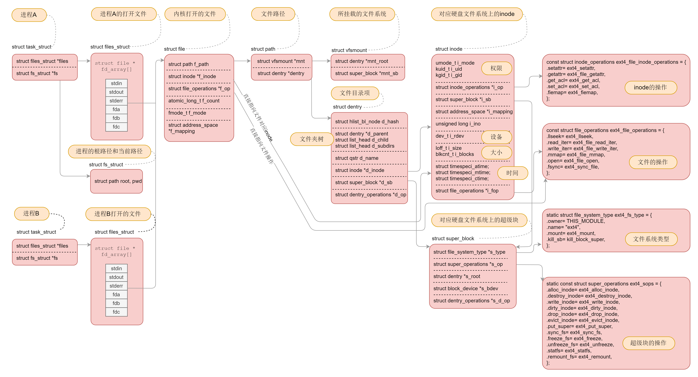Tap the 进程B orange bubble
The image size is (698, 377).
(x=31, y=214)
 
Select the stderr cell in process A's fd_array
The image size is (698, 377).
(x=116, y=101)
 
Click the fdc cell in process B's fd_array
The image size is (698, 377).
(x=116, y=312)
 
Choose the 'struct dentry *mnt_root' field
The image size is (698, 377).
(x=362, y=61)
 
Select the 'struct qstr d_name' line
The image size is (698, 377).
(x=357, y=158)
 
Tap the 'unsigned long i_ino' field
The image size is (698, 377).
(x=458, y=124)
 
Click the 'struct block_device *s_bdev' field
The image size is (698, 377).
(x=466, y=289)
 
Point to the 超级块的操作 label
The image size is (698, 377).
(x=648, y=343)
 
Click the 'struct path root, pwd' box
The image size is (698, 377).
(x=118, y=181)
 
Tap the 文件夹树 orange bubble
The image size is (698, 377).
(x=312, y=139)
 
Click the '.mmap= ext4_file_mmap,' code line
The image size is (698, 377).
(x=575, y=155)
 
